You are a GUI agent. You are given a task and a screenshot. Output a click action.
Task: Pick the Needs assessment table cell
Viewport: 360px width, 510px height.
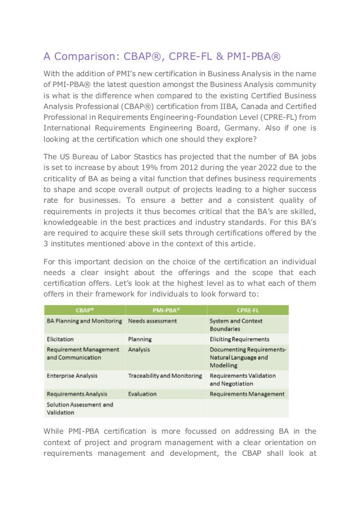point(152,321)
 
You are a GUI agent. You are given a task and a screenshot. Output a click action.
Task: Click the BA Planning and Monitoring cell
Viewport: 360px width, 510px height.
point(84,321)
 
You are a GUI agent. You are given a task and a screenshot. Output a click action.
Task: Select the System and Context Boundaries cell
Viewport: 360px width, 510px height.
point(237,325)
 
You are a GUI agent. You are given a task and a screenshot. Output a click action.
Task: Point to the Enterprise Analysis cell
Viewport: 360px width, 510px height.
point(72,375)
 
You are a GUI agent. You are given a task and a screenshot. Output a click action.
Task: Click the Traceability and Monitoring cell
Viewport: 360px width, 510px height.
point(165,375)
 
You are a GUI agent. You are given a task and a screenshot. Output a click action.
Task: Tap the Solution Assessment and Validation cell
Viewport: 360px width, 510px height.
point(80,408)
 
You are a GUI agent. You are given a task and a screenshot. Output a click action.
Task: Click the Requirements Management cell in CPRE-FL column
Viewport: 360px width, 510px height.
point(247,393)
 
